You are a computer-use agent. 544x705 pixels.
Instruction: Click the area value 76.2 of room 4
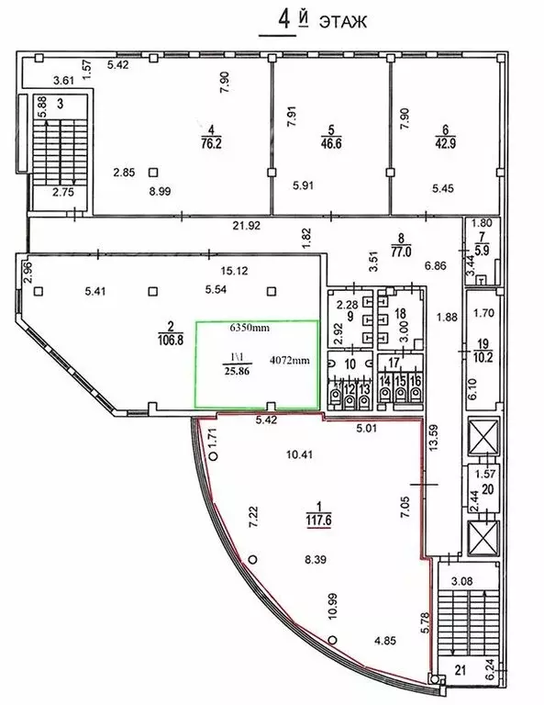pos(212,144)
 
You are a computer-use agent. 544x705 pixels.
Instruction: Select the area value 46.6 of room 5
pos(331,144)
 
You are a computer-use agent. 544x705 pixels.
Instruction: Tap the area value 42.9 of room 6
pos(446,144)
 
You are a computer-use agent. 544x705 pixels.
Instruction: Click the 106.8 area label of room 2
pos(171,339)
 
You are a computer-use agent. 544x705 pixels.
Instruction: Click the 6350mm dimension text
pos(250,328)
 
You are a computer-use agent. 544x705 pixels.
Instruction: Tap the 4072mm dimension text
pos(289,360)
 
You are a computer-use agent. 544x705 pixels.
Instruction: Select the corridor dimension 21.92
pos(247,226)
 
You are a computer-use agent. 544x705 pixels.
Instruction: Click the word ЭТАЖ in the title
pos(343,22)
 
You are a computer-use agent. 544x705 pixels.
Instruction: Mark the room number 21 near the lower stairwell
pos(460,671)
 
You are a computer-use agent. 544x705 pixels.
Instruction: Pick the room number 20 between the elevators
pos(488,488)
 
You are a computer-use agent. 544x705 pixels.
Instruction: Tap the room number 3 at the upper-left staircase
pos(61,105)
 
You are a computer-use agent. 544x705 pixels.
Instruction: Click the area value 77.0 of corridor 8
pos(401,251)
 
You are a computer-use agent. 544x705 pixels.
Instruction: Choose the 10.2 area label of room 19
pos(483,358)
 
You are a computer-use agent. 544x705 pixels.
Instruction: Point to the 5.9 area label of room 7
pos(482,250)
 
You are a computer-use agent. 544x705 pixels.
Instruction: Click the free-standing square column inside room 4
pos(153,172)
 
